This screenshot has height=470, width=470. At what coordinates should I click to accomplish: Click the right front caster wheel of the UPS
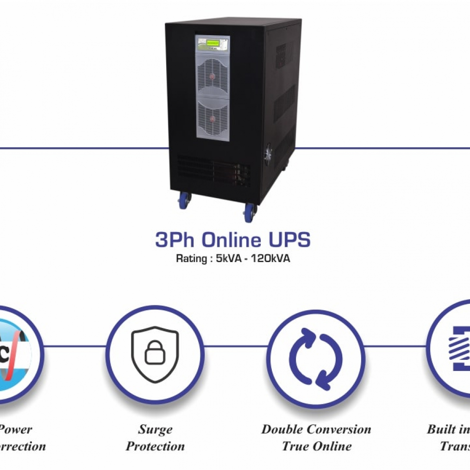click(x=250, y=213)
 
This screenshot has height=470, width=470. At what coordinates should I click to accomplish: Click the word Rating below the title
click(x=190, y=259)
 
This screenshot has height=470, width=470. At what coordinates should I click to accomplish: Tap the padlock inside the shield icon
click(x=155, y=353)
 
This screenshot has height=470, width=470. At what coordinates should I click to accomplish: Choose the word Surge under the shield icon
click(x=155, y=429)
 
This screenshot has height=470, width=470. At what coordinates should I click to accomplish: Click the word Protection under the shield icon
click(x=155, y=446)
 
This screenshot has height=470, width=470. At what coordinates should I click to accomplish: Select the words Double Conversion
click(x=316, y=429)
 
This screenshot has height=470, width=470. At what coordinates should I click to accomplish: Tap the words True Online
click(x=316, y=446)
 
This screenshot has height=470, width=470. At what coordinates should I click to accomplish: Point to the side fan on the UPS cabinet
click(x=268, y=155)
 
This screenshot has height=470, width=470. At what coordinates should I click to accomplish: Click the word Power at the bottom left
click(x=16, y=429)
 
